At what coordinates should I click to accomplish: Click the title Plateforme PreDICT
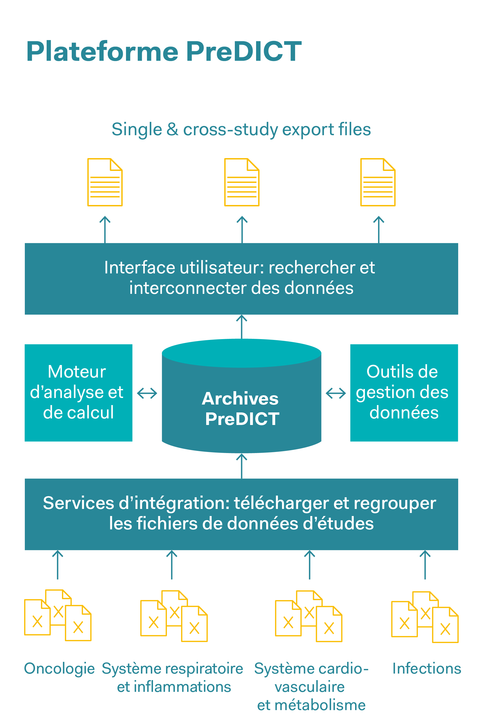tap(164, 52)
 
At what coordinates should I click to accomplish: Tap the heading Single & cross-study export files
tap(241, 129)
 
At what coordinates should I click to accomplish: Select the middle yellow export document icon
tap(242, 182)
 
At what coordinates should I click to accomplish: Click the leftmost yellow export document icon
tap(105, 182)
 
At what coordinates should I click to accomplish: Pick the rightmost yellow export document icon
tap(378, 182)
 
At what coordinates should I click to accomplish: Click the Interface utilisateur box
tap(241, 279)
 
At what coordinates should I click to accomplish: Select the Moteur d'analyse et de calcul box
tap(79, 393)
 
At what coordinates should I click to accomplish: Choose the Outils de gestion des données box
tap(404, 393)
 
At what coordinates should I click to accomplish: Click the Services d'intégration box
tap(241, 514)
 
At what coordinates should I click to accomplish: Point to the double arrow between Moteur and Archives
tap(147, 393)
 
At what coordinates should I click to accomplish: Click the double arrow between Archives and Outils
tap(336, 393)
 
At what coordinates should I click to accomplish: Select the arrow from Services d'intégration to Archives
tap(242, 466)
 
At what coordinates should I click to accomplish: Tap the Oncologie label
tap(59, 668)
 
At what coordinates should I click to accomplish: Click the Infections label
tap(427, 668)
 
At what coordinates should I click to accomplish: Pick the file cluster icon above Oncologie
tap(58, 616)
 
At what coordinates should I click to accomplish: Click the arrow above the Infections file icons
tap(425, 565)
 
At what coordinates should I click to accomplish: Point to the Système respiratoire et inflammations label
tap(173, 677)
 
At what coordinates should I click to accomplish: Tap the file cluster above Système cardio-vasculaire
tap(309, 617)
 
